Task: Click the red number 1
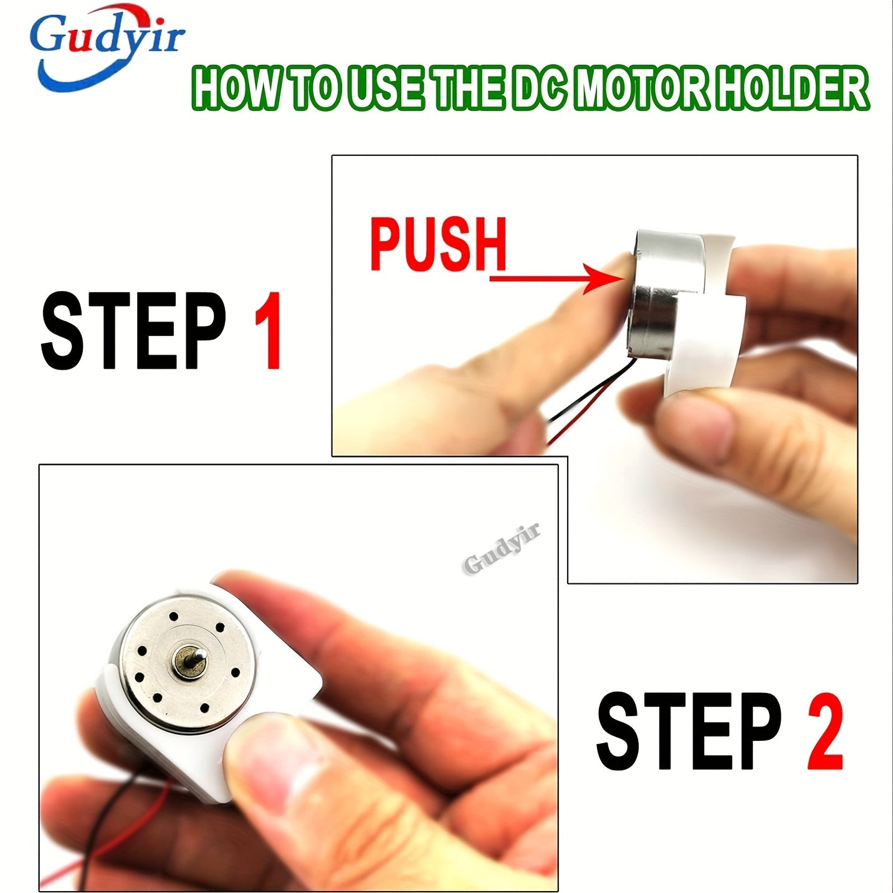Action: [269, 330]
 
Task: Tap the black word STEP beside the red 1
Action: [133, 330]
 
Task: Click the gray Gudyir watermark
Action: [502, 548]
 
